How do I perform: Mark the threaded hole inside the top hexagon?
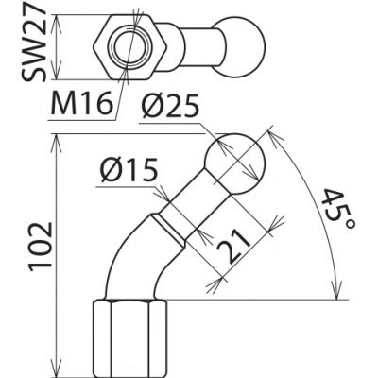click(x=130, y=44)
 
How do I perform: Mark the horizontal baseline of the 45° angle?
click(x=255, y=301)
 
